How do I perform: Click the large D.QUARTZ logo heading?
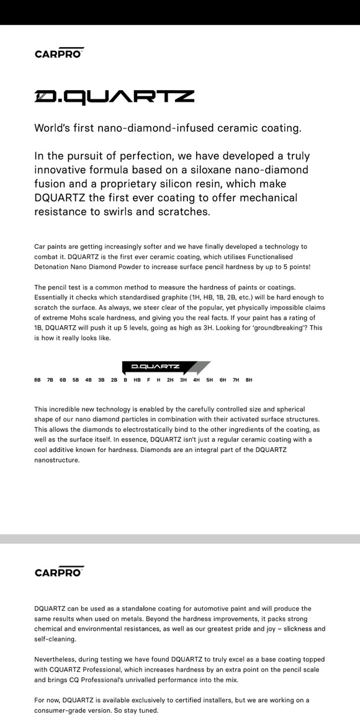pos(114,97)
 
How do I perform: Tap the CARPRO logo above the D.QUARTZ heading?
pos(59,53)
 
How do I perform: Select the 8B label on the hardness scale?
pos(37,379)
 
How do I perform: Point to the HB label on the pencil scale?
pos(137,379)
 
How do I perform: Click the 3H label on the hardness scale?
pos(183,379)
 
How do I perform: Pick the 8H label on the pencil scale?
pos(249,379)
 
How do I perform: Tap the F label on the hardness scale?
pos(148,379)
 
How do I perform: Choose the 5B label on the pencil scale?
pos(76,379)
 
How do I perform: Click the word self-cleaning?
pos(55,639)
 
